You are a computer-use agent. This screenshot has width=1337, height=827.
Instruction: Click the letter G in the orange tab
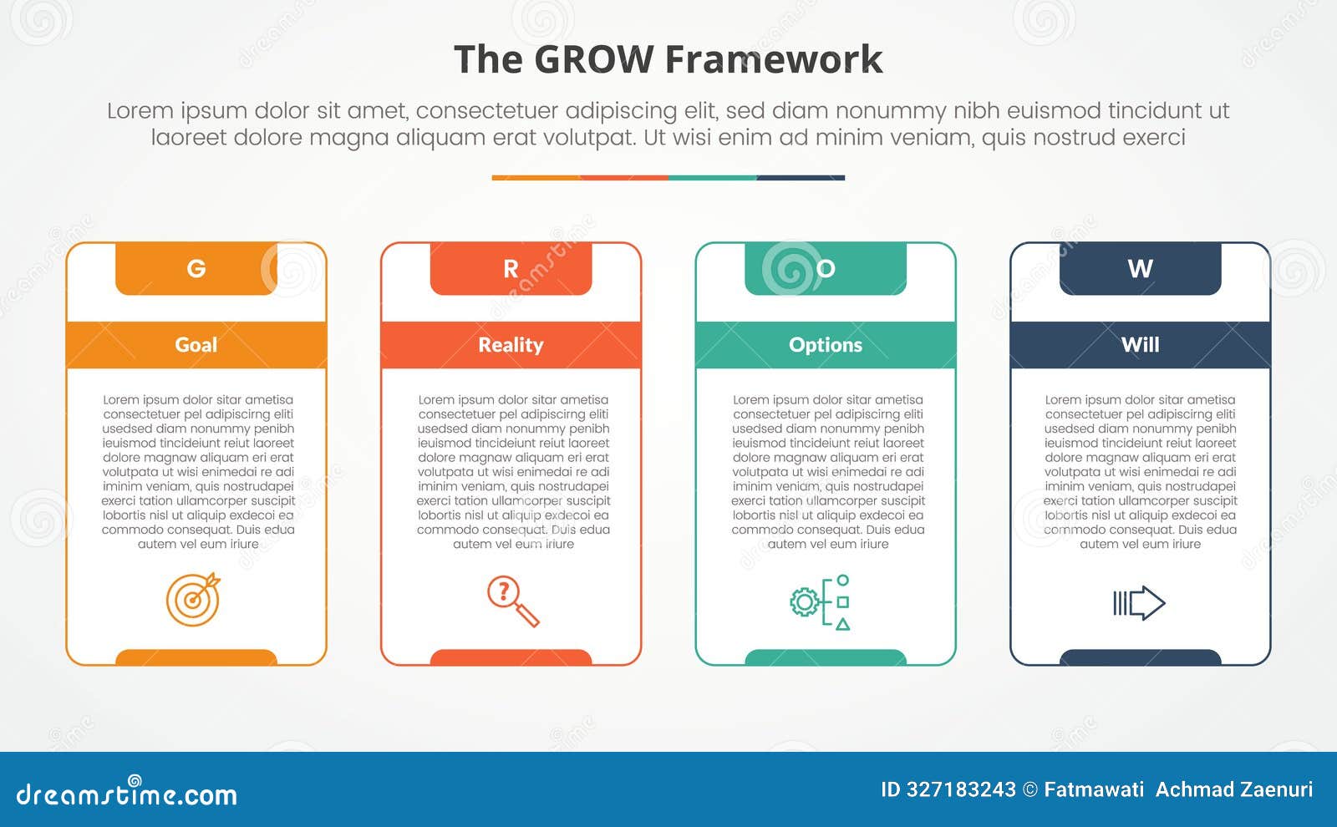pyautogui.click(x=196, y=268)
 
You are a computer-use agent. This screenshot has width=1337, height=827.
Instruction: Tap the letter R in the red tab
pyautogui.click(x=511, y=268)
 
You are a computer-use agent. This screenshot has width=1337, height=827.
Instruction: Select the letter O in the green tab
pyautogui.click(x=826, y=268)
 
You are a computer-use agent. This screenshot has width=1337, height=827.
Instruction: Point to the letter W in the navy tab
pyautogui.click(x=1140, y=268)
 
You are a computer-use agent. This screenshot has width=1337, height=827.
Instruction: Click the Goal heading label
pyautogui.click(x=196, y=345)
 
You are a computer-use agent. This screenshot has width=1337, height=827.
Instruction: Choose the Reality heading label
pyautogui.click(x=511, y=345)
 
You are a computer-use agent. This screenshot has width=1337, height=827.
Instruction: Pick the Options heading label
pyautogui.click(x=826, y=345)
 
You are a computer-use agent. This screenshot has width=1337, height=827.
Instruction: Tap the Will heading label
pyautogui.click(x=1140, y=345)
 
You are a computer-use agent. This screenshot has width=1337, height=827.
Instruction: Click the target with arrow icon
pyautogui.click(x=193, y=599)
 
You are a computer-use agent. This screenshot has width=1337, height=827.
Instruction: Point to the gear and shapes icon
pyautogui.click(x=821, y=602)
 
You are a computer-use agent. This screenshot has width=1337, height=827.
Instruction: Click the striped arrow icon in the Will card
pyautogui.click(x=1139, y=603)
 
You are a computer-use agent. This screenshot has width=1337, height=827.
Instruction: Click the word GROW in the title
pyautogui.click(x=593, y=60)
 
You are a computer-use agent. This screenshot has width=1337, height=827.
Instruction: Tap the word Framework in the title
pyautogui.click(x=774, y=60)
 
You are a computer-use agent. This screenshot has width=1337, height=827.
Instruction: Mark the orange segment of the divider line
pyautogui.click(x=536, y=178)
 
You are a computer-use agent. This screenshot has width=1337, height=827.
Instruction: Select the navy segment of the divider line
pyautogui.click(x=801, y=178)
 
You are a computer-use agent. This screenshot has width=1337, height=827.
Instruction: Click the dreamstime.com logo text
pyautogui.click(x=126, y=794)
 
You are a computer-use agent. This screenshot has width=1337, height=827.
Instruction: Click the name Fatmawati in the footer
pyautogui.click(x=1094, y=789)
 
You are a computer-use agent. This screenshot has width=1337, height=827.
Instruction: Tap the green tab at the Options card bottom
pyautogui.click(x=826, y=657)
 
